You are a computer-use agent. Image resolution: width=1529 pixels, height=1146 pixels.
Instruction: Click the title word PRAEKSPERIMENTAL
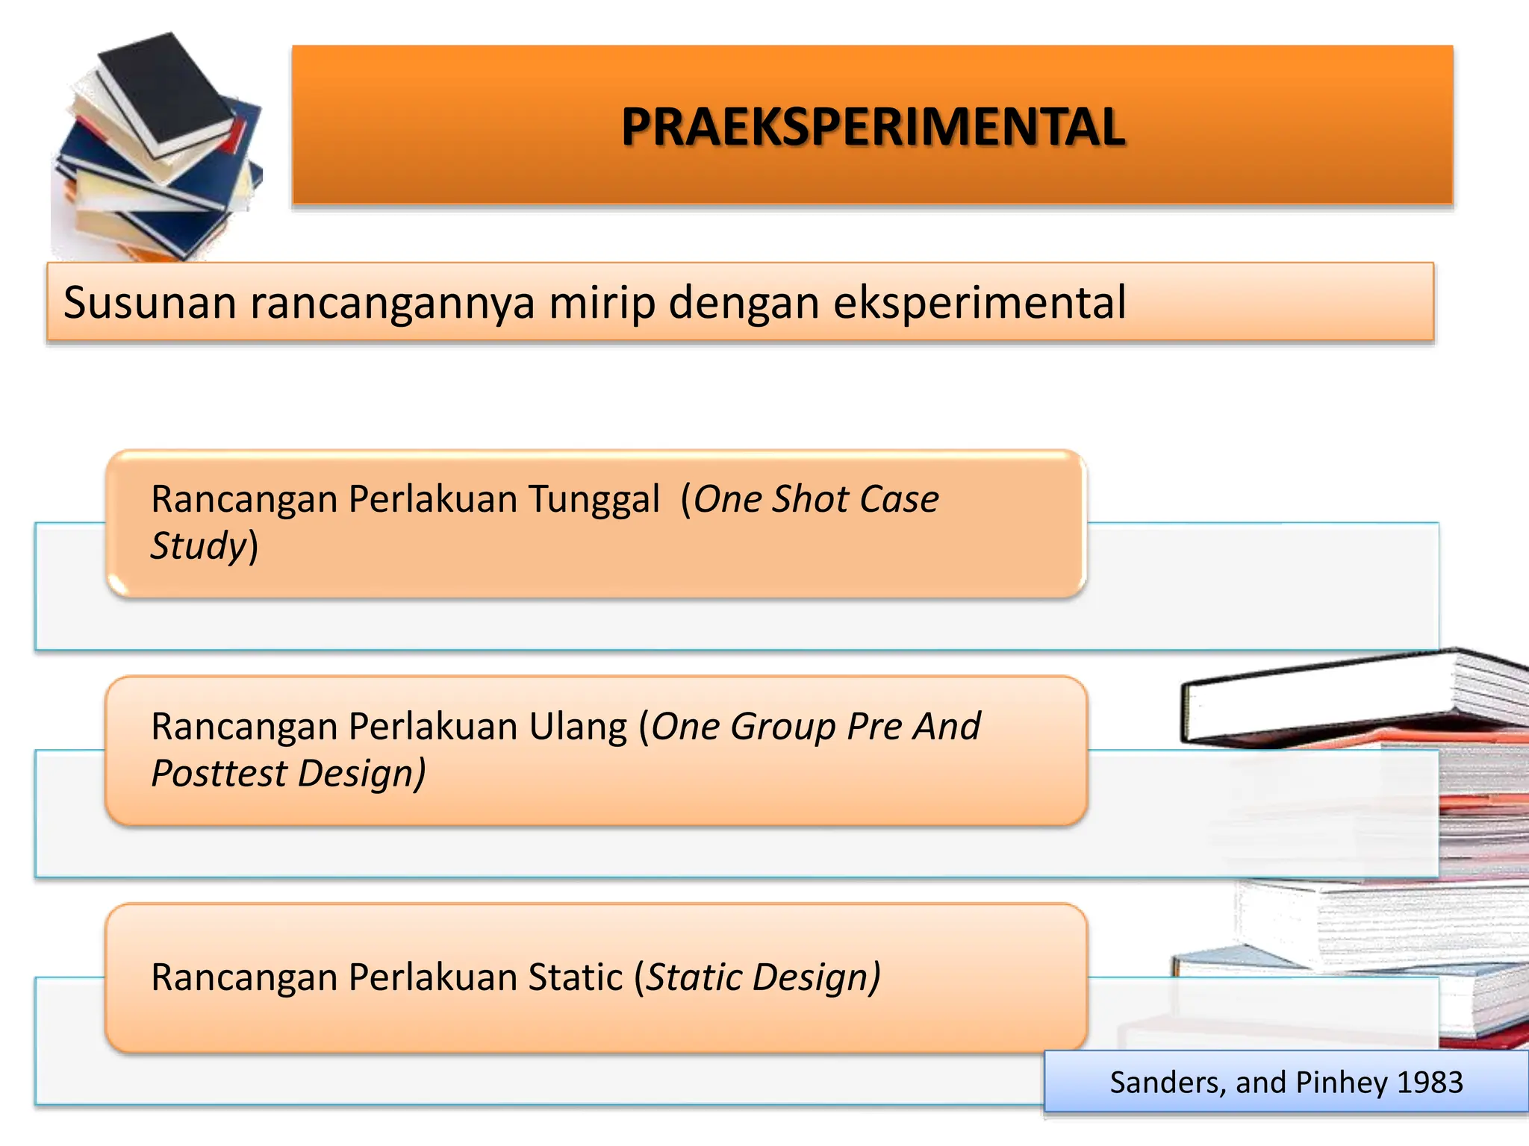click(873, 127)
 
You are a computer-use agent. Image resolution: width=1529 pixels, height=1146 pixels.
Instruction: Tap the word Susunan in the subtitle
click(149, 303)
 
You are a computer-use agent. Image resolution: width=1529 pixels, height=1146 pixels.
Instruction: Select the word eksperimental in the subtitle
click(979, 303)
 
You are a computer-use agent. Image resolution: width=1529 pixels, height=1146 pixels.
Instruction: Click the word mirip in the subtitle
click(601, 303)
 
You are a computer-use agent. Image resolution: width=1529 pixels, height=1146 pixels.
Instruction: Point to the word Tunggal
click(594, 500)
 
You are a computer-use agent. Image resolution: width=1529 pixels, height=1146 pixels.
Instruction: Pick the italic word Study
click(199, 545)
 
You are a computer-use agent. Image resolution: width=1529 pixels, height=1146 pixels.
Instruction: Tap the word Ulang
click(579, 727)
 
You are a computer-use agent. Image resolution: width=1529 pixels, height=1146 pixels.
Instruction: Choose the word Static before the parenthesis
click(575, 977)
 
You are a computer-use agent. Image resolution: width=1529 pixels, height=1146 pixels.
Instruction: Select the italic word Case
click(899, 499)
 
